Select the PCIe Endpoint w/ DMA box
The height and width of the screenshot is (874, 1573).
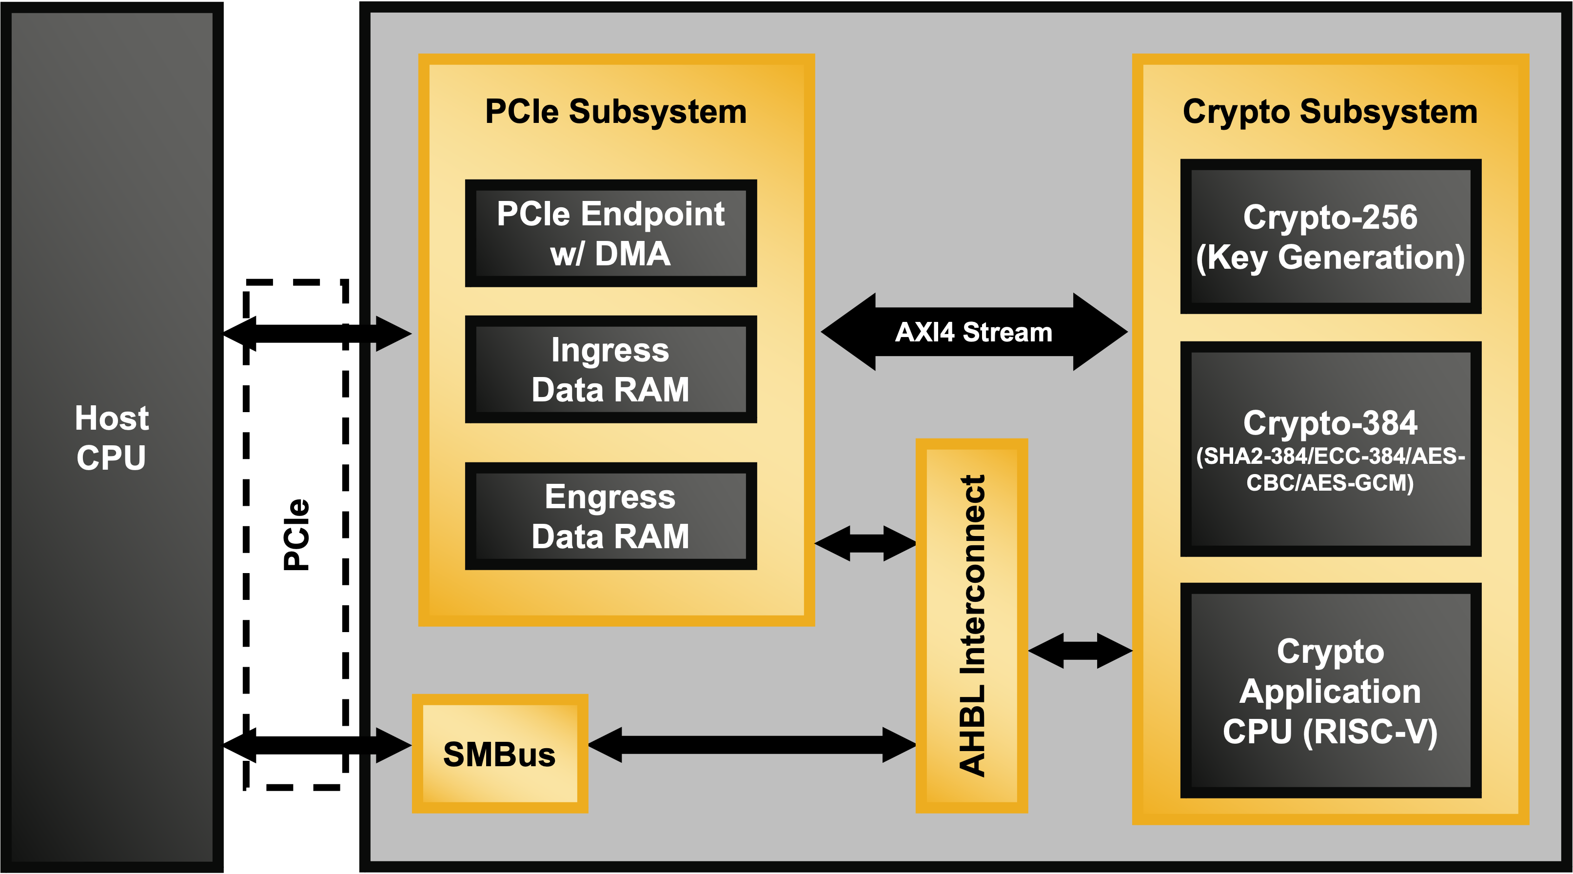pyautogui.click(x=610, y=233)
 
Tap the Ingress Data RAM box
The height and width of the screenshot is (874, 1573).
pyautogui.click(x=610, y=370)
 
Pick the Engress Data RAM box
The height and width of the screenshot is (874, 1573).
pyautogui.click(x=610, y=516)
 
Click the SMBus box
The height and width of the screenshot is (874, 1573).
pyautogui.click(x=499, y=754)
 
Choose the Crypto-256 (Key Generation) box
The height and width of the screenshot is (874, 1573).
pyautogui.click(x=1331, y=237)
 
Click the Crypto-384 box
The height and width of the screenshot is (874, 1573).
pyautogui.click(x=1331, y=449)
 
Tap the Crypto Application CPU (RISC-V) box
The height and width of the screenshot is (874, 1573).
pyautogui.click(x=1331, y=690)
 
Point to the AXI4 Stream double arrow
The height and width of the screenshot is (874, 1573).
pyautogui.click(x=974, y=332)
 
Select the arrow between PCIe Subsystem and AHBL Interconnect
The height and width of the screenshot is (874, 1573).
pyautogui.click(x=865, y=543)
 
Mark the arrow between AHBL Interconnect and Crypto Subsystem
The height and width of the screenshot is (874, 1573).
pyautogui.click(x=1080, y=651)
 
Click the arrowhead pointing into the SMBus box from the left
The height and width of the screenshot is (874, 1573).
pyautogui.click(x=391, y=745)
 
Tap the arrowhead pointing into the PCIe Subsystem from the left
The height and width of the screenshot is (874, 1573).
pyautogui.click(x=391, y=334)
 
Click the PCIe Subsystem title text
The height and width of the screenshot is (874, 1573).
pyautogui.click(x=615, y=112)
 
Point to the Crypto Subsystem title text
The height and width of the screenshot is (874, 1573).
pyautogui.click(x=1330, y=112)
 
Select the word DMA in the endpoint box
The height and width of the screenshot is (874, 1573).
pyautogui.click(x=632, y=254)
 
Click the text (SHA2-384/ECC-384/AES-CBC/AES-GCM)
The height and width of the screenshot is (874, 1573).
pyautogui.click(x=1331, y=469)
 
